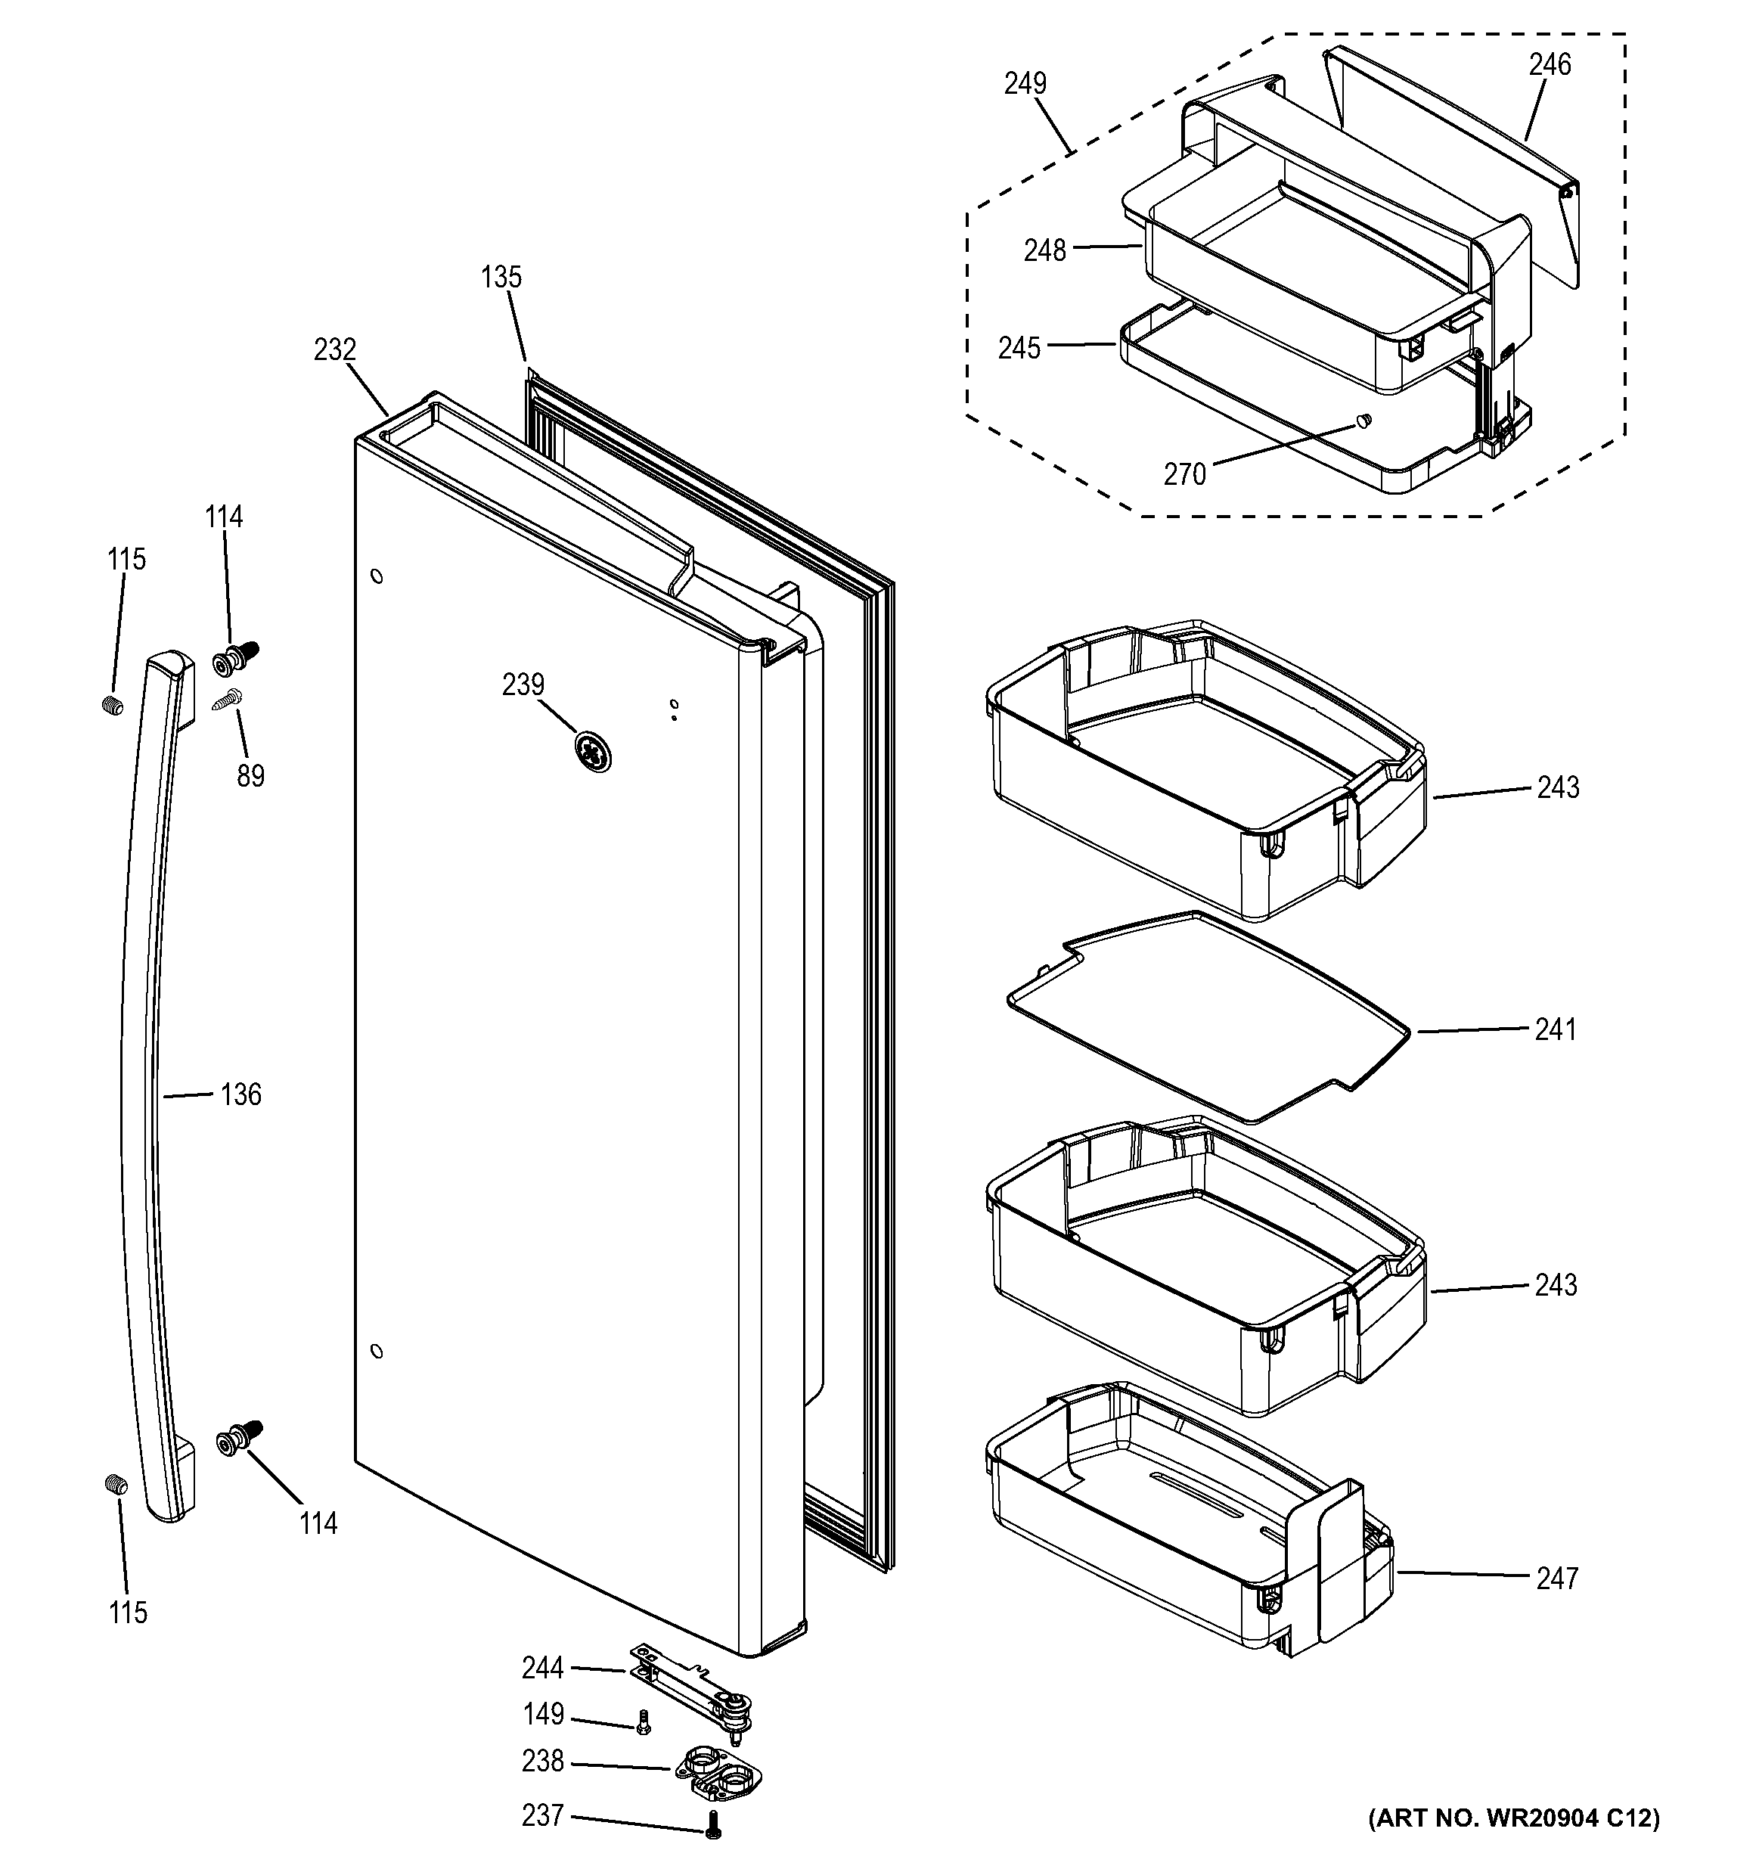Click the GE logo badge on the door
592,751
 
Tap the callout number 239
523,685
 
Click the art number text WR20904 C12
1514,1818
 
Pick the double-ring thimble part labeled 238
718,1771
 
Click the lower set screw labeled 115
115,1484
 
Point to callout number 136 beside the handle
241,1094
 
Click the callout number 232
334,350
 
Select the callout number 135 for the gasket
500,277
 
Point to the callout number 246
1549,65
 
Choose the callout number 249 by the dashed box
1025,84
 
